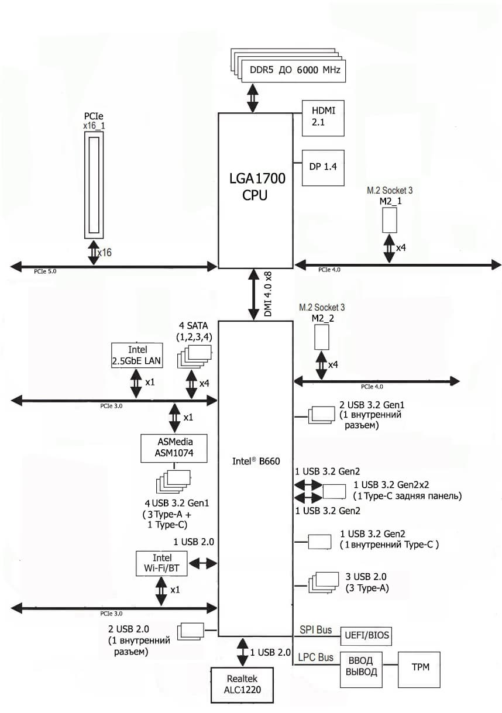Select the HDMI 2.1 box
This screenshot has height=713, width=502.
322,118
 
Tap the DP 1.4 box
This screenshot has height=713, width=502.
322,167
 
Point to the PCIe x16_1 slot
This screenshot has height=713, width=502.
94,184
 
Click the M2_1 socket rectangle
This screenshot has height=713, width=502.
390,219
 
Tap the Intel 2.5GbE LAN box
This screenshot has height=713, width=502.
137,356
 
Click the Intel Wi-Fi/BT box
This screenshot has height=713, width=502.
159,563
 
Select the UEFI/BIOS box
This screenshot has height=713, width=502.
366,635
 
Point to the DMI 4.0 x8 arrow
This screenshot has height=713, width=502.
255,294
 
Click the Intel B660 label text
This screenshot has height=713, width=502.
256,461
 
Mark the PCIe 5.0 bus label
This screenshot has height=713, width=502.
46,272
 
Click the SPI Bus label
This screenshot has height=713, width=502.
316,630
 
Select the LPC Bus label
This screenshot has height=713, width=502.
316,657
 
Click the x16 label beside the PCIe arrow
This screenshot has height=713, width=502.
105,252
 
